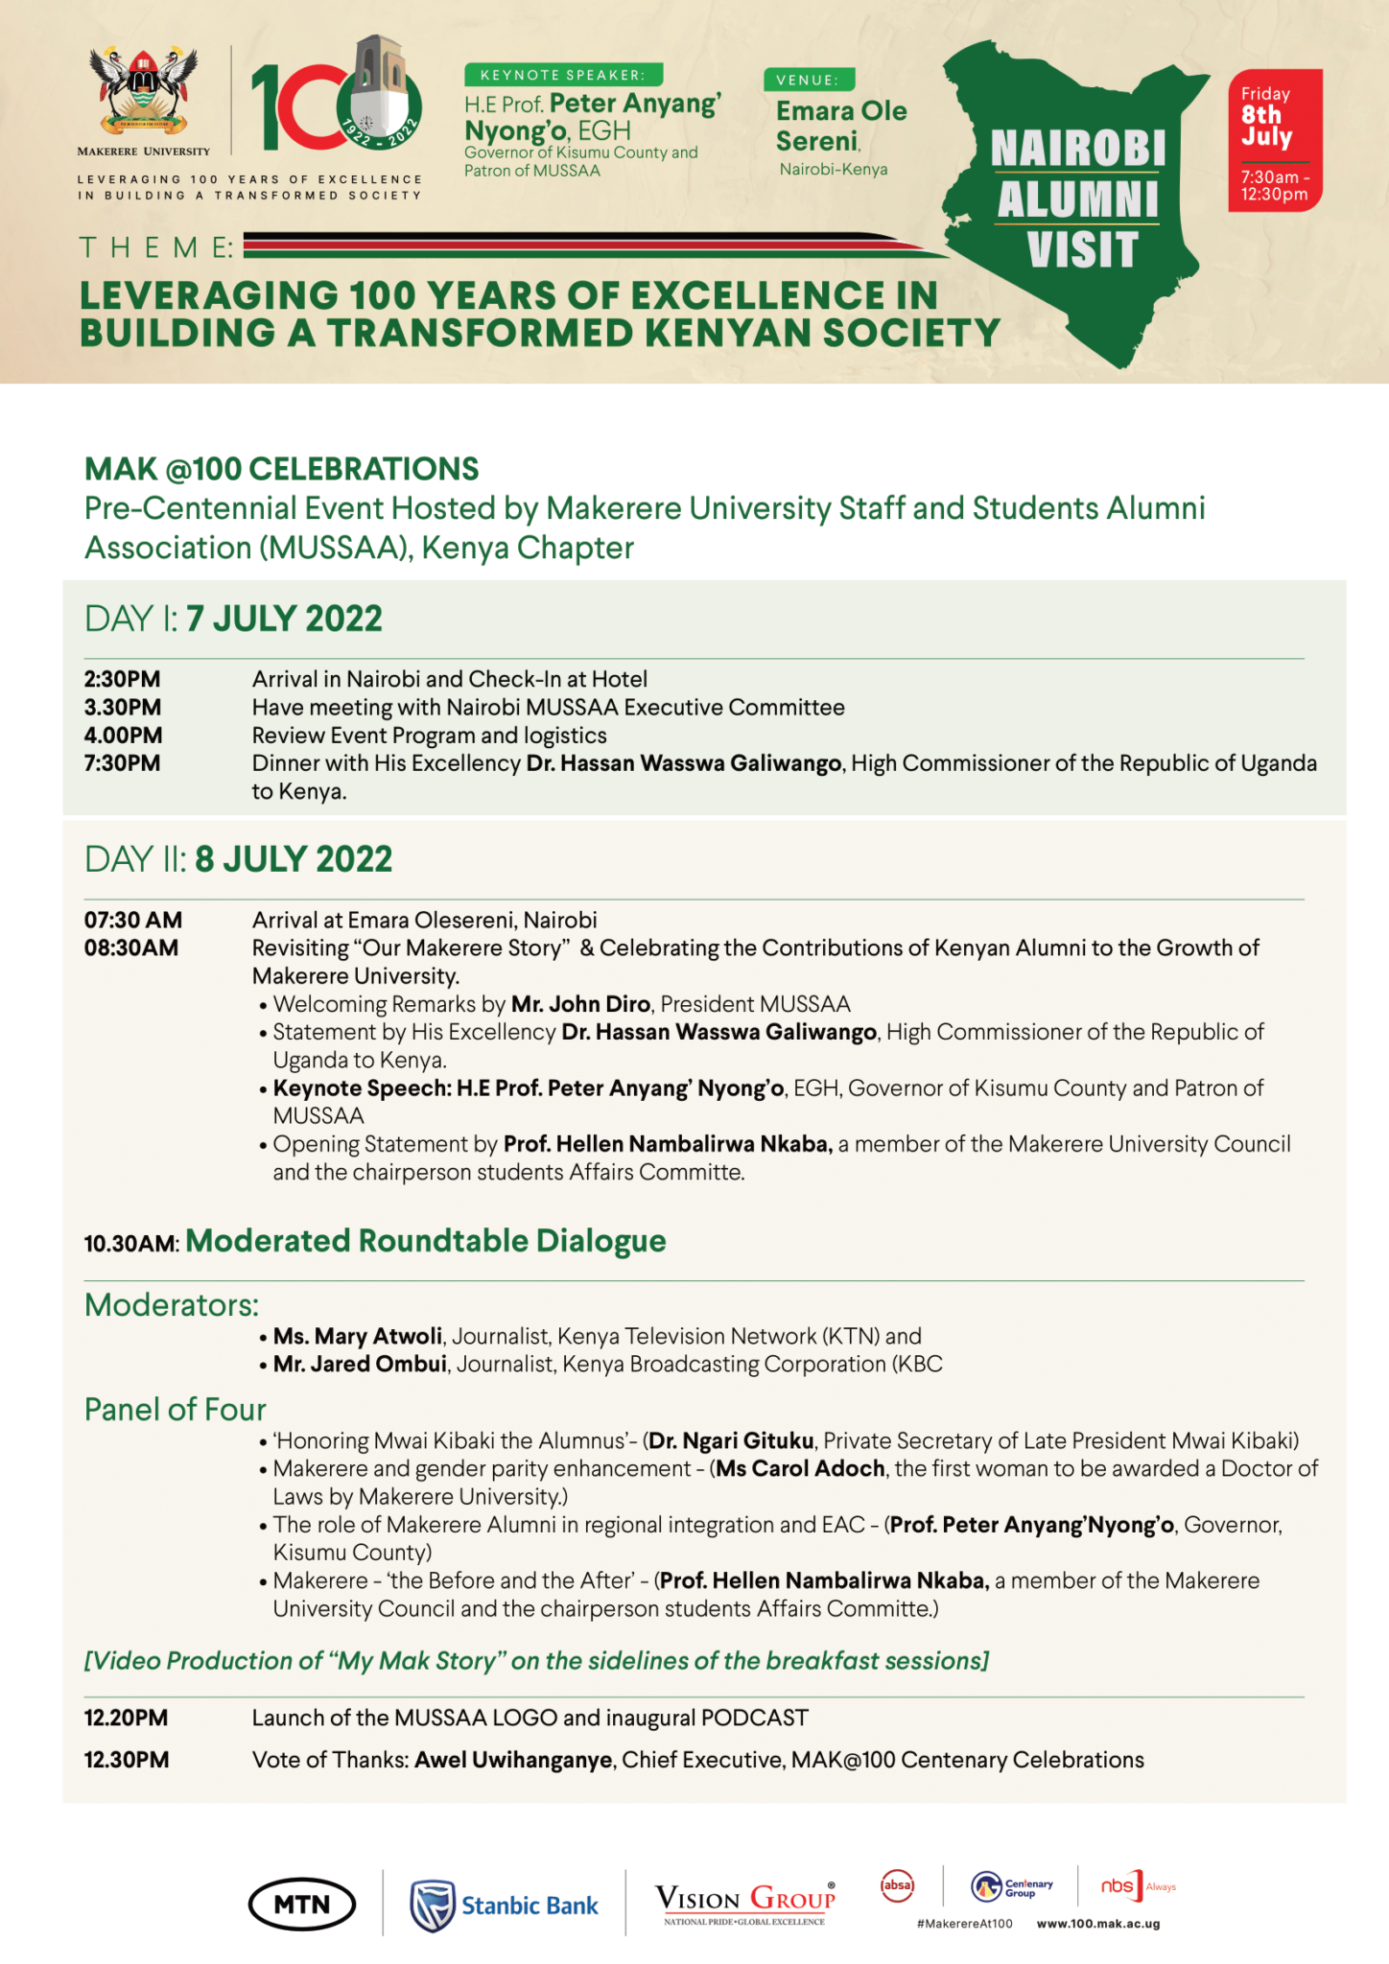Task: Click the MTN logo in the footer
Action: tap(301, 1904)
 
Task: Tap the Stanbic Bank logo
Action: tap(505, 1905)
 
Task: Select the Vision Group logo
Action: tap(744, 1901)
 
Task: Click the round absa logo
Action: tap(897, 1884)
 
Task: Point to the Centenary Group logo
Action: tap(1011, 1886)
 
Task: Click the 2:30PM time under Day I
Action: tap(123, 679)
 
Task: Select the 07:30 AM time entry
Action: tap(133, 920)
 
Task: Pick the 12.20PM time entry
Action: tap(126, 1718)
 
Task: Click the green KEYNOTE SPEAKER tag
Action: tap(563, 75)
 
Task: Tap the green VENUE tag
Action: tap(809, 80)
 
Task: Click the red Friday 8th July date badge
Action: tap(1275, 139)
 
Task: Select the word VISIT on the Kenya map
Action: tap(1082, 249)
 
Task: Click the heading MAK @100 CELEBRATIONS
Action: tap(281, 469)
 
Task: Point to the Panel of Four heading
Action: tap(176, 1409)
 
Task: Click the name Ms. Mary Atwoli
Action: tap(358, 1336)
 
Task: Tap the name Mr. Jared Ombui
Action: tap(360, 1364)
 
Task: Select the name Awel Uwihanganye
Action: tap(513, 1760)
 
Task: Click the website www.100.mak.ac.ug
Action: tap(1098, 1924)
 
